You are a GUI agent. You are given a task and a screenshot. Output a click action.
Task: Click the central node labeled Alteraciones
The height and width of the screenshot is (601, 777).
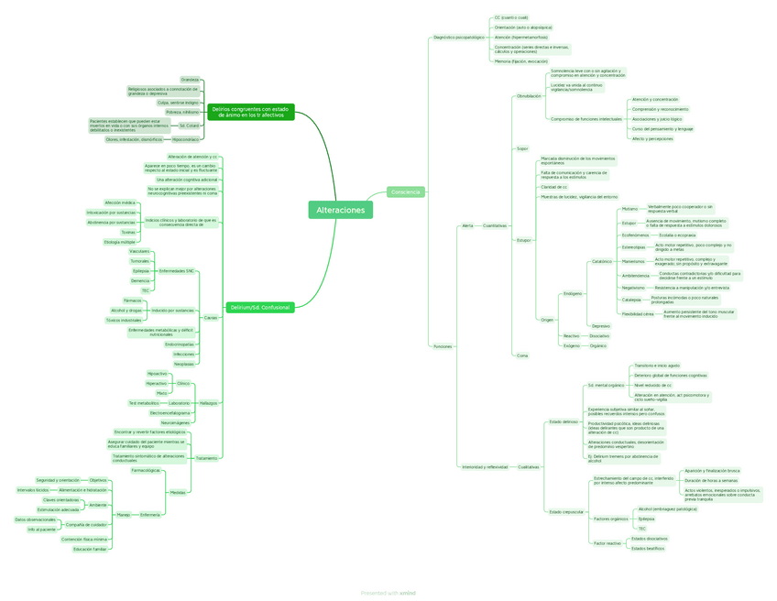click(x=341, y=211)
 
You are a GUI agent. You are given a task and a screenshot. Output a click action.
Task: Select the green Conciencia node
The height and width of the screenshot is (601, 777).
click(x=405, y=191)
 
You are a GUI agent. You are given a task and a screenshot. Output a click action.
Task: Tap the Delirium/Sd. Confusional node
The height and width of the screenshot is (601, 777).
click(x=259, y=308)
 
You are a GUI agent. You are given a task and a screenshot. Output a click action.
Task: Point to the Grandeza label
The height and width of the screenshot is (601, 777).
click(x=190, y=80)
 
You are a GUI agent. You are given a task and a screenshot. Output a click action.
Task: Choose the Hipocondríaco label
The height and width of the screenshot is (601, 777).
click(x=185, y=139)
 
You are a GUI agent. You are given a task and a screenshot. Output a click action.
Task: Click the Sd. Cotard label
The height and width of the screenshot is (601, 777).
click(x=189, y=125)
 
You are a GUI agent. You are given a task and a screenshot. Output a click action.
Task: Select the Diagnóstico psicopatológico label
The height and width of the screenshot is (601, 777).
click(x=457, y=38)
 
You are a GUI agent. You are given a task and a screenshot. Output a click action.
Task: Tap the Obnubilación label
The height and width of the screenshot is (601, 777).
click(x=529, y=95)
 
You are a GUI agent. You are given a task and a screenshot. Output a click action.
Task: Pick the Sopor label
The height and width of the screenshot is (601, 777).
click(x=522, y=148)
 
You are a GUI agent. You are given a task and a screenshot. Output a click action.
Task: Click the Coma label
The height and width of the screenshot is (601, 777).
click(x=522, y=355)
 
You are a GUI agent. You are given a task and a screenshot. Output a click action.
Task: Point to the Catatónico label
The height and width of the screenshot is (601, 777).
click(x=601, y=261)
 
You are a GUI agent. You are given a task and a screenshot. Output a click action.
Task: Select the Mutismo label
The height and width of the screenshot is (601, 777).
click(x=629, y=209)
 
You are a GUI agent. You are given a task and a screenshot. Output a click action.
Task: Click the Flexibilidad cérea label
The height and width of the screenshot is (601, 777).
click(x=638, y=314)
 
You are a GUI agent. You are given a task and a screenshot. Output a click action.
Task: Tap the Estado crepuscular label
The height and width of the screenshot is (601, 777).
click(x=566, y=511)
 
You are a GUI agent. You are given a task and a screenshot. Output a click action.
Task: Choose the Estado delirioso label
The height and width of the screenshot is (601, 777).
click(x=564, y=421)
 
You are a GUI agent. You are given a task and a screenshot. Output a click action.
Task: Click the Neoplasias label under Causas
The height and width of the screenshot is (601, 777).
click(x=184, y=364)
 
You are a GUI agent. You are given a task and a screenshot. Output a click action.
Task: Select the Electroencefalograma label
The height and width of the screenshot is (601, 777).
click(x=170, y=413)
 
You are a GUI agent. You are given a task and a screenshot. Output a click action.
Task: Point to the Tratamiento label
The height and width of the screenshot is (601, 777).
click(x=207, y=458)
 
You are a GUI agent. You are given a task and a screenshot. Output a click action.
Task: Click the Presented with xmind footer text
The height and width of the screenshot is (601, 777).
click(x=388, y=593)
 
